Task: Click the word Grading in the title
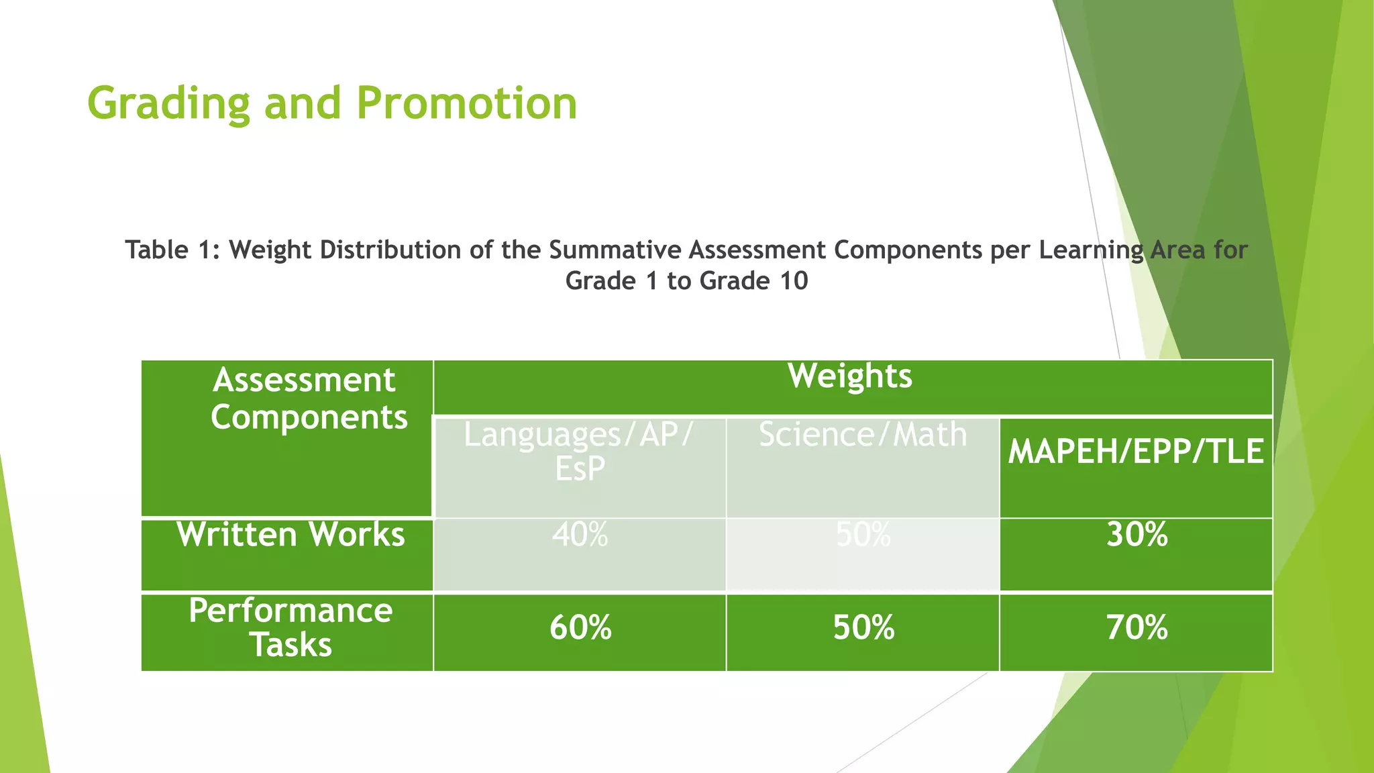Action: tap(168, 104)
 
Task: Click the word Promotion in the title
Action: tap(466, 104)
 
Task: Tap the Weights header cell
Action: tap(850, 376)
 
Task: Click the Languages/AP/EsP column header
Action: tap(580, 451)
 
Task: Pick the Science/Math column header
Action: tap(863, 435)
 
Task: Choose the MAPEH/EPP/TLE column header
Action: tap(1135, 451)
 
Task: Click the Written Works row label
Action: tap(290, 535)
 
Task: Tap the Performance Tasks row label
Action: tap(290, 627)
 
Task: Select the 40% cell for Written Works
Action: tap(580, 535)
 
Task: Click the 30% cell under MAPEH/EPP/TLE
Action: tap(1137, 535)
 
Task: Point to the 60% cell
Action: tap(580, 628)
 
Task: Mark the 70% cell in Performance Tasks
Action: tap(1137, 628)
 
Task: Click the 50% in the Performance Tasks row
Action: tap(863, 628)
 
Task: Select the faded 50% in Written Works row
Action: tap(863, 535)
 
